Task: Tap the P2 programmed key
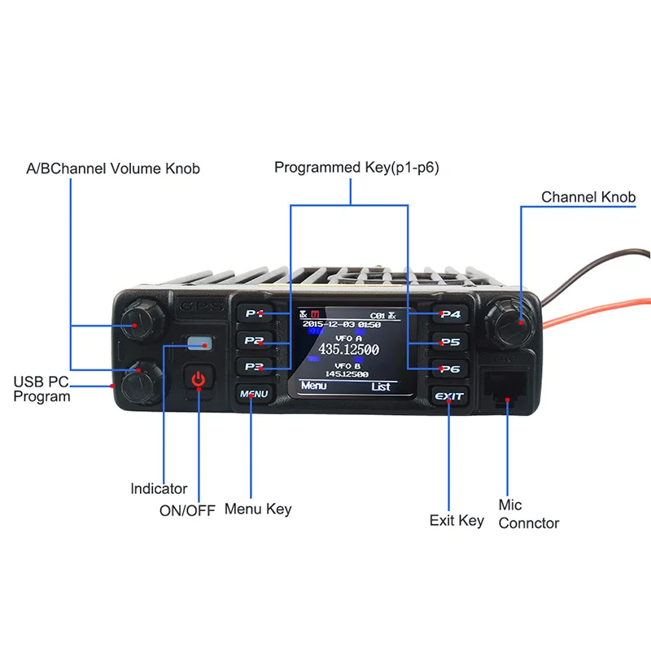[254, 340]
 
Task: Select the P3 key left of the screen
[254, 367]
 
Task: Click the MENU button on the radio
[253, 395]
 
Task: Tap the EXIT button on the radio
[448, 396]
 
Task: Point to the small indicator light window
[199, 343]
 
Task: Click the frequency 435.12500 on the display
[348, 350]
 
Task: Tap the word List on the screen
[381, 387]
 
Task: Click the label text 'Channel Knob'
[588, 197]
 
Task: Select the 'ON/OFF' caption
[187, 511]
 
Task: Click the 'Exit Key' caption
[457, 520]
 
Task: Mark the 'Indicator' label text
[159, 489]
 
